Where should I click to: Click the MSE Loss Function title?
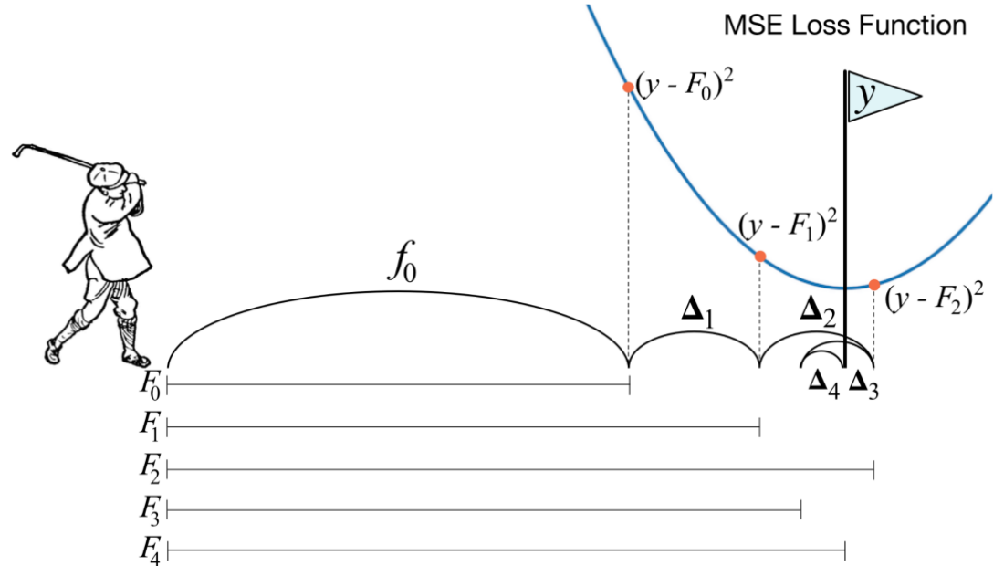[844, 26]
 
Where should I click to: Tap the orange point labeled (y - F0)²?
[628, 88]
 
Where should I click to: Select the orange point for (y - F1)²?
[760, 257]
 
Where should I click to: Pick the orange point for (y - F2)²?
[874, 285]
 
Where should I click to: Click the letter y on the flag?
[861, 99]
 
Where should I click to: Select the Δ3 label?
[863, 382]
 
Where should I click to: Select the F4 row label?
[151, 550]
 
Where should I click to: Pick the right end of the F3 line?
[800, 509]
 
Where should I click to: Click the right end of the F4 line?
[845, 550]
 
